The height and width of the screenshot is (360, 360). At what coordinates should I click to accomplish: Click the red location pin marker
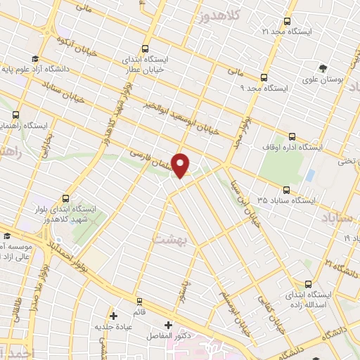click(181, 165)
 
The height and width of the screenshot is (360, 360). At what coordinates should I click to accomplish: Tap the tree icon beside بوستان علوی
click(322, 67)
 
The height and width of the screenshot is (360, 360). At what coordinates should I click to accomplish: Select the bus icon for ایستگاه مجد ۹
click(264, 78)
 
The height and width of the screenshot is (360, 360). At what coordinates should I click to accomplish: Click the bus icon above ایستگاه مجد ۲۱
click(286, 21)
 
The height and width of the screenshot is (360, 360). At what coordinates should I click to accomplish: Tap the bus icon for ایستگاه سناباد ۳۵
click(285, 189)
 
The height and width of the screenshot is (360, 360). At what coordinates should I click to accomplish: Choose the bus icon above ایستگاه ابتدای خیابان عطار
click(145, 49)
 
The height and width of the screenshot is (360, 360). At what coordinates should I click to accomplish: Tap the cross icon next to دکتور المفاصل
click(167, 326)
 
